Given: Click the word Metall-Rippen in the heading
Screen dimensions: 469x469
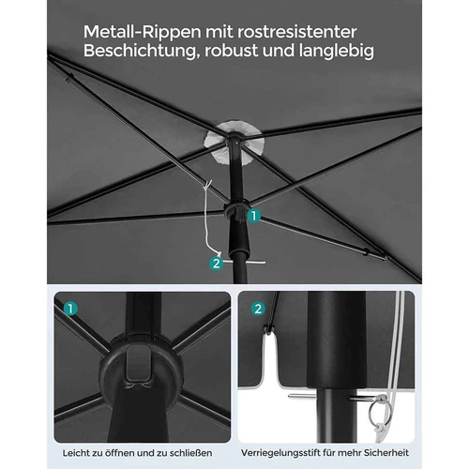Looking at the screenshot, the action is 142,33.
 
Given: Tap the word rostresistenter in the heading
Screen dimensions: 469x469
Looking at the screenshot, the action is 297,32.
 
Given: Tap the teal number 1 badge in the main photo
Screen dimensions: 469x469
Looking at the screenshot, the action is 254,216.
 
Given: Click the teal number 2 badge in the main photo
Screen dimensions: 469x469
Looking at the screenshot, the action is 217,264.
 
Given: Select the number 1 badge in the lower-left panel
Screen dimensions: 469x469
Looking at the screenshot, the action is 70,309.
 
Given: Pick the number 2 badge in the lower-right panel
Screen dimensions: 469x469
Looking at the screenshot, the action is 258,309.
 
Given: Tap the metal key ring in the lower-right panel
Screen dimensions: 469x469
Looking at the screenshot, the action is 378,410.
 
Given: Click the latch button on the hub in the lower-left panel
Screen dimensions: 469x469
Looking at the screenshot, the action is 138,367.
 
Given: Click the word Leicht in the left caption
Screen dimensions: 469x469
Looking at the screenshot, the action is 75,453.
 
